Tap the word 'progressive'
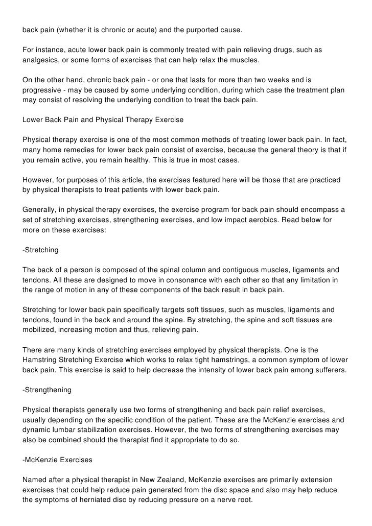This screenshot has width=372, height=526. pos(41,91)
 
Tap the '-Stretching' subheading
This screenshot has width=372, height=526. pos(40,250)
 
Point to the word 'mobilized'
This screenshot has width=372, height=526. pos(40,330)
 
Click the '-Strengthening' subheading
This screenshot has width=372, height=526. pos(47,390)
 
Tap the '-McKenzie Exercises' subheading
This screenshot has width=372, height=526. pos(57,460)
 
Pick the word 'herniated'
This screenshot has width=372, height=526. pos(104,500)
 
